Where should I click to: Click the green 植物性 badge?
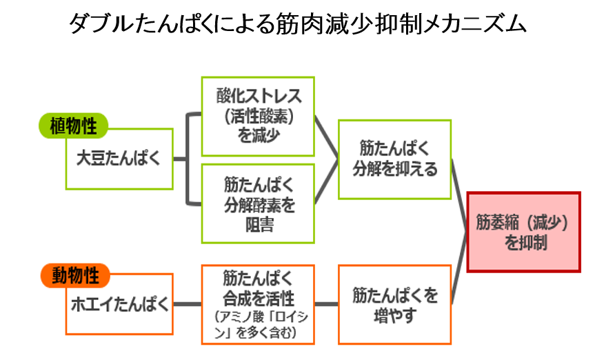coord(73,126)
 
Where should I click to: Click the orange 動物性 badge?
coord(75,275)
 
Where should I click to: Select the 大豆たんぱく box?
coord(119,159)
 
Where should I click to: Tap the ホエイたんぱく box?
coord(119,304)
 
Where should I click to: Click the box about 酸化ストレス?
coord(258,117)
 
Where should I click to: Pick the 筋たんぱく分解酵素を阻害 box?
coord(258,204)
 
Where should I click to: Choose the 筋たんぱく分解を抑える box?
coord(395,159)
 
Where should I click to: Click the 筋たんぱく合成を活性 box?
coord(258,305)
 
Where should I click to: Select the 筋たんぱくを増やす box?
coord(395,305)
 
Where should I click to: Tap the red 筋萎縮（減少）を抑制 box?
coord(524,232)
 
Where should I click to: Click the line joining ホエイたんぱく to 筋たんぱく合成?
coord(188,304)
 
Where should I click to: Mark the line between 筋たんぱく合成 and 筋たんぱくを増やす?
coord(327,304)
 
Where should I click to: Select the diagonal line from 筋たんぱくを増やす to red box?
coord(459,268)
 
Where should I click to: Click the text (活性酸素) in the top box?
coord(259,116)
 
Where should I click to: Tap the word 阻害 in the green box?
coord(259,225)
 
